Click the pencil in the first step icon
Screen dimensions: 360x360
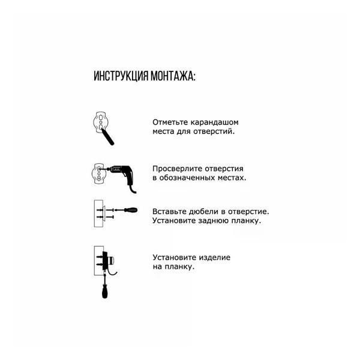(109, 136)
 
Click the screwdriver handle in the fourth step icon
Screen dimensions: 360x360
(104, 291)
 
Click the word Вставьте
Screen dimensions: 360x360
(169, 212)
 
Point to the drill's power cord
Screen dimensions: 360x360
(133, 187)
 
